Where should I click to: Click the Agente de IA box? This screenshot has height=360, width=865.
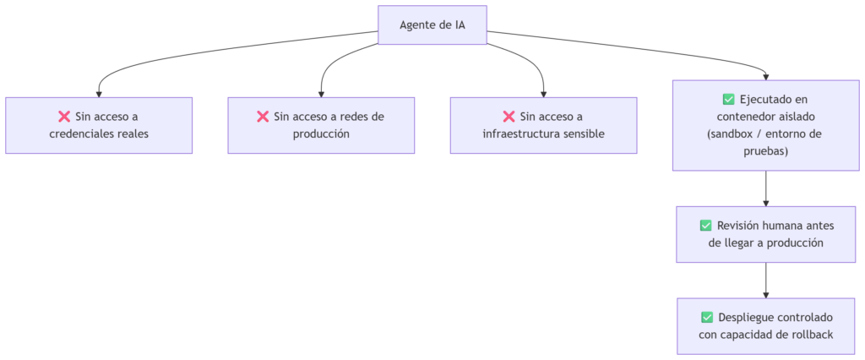coord(432,25)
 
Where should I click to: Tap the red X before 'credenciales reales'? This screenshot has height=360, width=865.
coord(64,117)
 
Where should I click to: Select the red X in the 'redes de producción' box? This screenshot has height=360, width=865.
coord(263,117)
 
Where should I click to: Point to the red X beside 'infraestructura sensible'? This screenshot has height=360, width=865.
coord(509,117)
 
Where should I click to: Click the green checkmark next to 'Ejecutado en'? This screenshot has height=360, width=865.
coord(728,100)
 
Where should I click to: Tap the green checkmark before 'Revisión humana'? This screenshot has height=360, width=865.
coord(705,226)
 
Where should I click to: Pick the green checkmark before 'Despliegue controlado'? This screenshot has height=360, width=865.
coord(707,318)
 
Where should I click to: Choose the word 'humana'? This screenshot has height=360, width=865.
coord(786,226)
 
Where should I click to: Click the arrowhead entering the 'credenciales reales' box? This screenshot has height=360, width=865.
coord(99,95)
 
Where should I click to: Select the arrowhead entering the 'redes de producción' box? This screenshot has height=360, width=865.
coord(321,95)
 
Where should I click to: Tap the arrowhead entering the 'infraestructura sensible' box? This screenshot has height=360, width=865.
coord(543,95)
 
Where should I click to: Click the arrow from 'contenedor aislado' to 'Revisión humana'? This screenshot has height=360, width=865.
coord(765,188)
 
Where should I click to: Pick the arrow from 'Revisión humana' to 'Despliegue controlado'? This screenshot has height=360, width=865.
coord(765,281)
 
